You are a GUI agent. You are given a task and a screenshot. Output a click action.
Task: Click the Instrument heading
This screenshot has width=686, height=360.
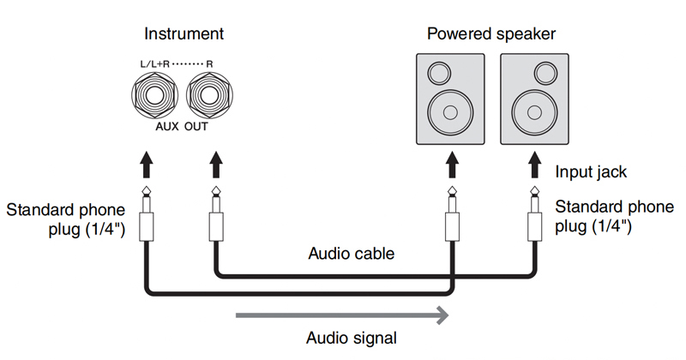point(184,34)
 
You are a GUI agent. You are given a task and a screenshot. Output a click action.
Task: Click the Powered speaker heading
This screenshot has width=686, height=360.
point(491,34)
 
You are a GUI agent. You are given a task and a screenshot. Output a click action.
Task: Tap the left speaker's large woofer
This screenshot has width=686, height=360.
point(449,111)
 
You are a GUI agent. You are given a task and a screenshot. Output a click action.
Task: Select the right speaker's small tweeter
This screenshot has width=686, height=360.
point(522,72)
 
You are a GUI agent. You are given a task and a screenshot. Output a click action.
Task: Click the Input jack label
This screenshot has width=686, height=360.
point(592,172)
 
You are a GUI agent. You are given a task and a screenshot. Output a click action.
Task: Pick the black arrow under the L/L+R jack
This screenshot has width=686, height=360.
point(147,165)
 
